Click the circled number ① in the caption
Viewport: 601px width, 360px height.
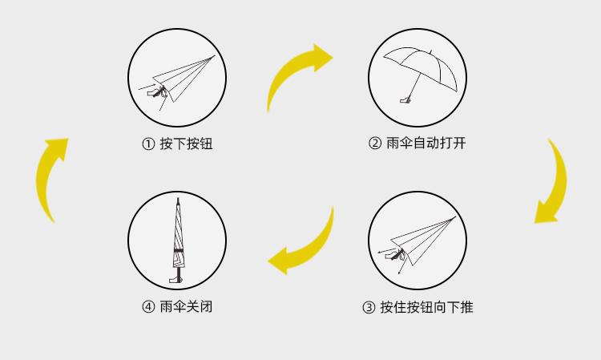(147, 144)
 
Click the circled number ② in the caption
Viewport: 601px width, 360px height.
(374, 144)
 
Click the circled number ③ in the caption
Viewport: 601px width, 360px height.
(369, 307)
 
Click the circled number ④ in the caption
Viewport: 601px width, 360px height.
(147, 307)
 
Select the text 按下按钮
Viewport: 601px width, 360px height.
(186, 144)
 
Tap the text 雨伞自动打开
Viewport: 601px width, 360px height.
(426, 144)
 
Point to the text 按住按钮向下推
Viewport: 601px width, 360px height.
(426, 307)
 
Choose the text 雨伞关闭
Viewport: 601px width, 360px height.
(186, 307)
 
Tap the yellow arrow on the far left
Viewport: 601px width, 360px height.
(50, 178)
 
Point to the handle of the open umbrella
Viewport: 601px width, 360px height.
(406, 101)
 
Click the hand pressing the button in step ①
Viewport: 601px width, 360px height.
(155, 94)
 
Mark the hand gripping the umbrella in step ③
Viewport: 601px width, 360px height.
(394, 256)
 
